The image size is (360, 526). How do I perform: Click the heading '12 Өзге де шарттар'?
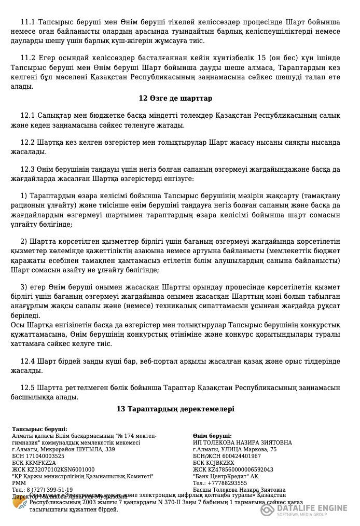coord(175,98)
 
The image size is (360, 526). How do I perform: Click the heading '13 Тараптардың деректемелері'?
coord(175,409)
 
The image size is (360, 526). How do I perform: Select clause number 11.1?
coord(27,22)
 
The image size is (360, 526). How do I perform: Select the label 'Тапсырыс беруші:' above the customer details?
coord(39,429)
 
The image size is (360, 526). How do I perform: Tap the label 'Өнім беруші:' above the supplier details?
coord(212,436)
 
